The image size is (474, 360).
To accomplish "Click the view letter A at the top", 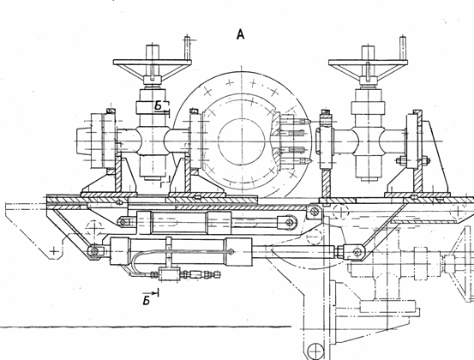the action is pyautogui.click(x=240, y=34).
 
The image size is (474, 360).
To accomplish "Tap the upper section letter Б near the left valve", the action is pyautogui.click(x=159, y=105).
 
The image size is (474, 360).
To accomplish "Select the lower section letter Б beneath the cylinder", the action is pyautogui.click(x=147, y=301).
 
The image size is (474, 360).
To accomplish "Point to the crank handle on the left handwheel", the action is pyautogui.click(x=187, y=48).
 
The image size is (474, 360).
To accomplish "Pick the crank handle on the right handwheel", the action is pyautogui.click(x=403, y=48).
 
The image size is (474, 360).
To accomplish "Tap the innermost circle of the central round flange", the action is pyautogui.click(x=241, y=141).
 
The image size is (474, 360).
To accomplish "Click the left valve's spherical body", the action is pyautogui.click(x=153, y=141).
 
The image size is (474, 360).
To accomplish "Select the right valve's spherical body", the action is pyautogui.click(x=368, y=141).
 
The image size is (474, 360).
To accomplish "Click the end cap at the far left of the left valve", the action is pyautogui.click(x=83, y=141).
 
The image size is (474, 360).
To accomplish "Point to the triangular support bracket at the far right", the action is pyautogui.click(x=434, y=156).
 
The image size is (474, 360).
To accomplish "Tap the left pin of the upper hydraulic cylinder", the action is pyautogui.click(x=123, y=222).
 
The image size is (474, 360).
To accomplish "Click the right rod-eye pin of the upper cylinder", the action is pyautogui.click(x=290, y=223).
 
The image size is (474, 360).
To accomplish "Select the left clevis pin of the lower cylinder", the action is pyautogui.click(x=94, y=251).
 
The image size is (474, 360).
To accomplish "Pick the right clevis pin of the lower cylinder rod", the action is pyautogui.click(x=357, y=251).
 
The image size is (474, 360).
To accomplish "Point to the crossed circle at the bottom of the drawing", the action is pyautogui.click(x=315, y=351).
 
